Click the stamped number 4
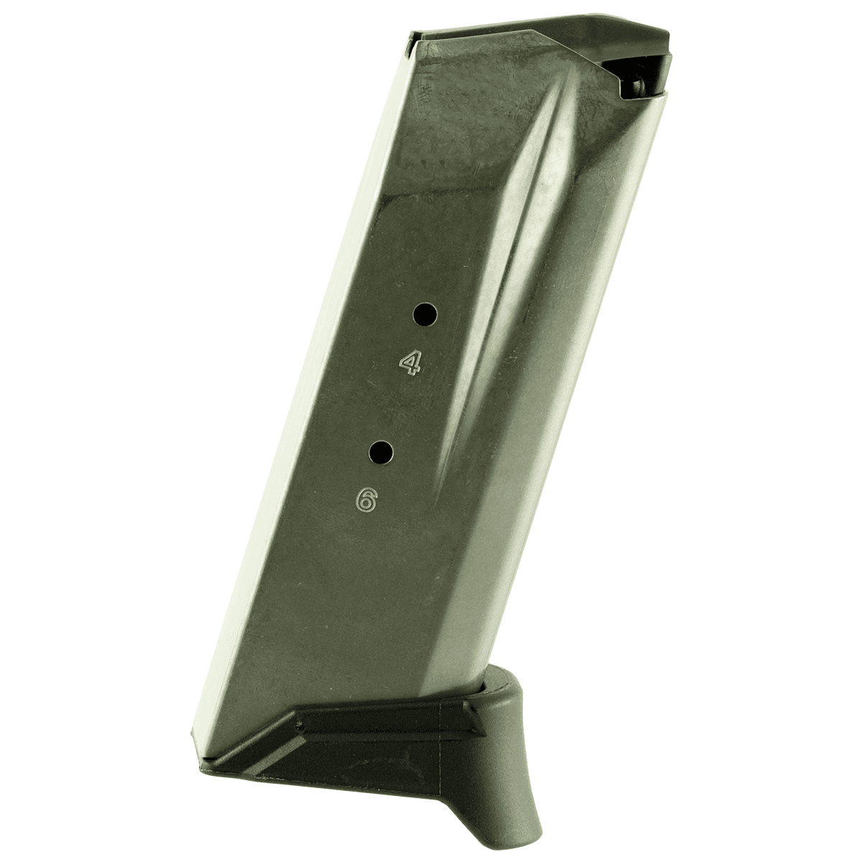(x=410, y=364)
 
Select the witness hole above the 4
(x=425, y=313)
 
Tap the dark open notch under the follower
(x=632, y=79)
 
